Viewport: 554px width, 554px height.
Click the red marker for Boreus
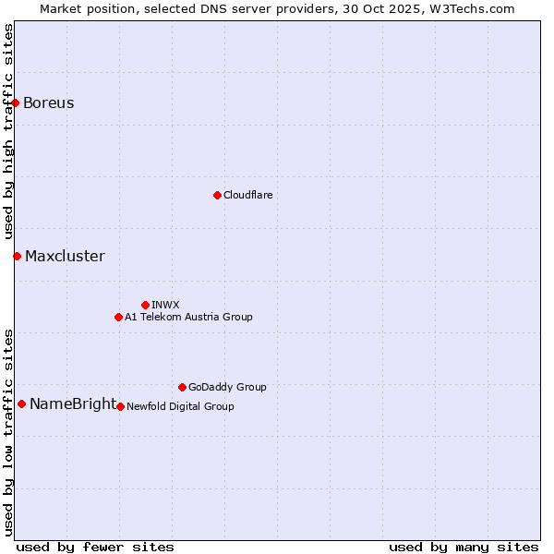click(x=16, y=102)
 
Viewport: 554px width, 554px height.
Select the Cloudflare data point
click(x=217, y=195)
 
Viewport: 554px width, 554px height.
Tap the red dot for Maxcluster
click(x=17, y=256)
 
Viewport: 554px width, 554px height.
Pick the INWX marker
click(x=145, y=305)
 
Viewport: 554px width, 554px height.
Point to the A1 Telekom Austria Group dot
click(x=118, y=317)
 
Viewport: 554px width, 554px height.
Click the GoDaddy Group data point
click(x=182, y=387)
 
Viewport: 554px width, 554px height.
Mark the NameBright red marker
click(x=21, y=403)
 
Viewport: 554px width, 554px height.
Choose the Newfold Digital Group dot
click(x=120, y=406)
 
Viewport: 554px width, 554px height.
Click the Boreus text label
click(x=49, y=102)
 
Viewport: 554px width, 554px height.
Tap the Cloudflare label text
click(x=248, y=195)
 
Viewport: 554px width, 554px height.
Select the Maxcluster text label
click(x=65, y=256)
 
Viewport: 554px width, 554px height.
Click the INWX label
click(x=165, y=305)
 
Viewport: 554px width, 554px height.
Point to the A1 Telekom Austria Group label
click(x=188, y=317)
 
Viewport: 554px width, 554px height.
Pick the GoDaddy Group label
click(x=227, y=387)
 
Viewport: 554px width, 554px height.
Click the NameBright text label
click(x=73, y=403)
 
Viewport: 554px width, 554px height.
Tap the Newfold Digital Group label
click(x=180, y=406)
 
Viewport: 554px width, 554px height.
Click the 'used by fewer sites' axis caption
click(x=95, y=547)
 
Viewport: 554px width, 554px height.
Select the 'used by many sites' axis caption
click(x=464, y=547)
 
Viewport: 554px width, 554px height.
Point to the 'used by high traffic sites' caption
click(x=8, y=132)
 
